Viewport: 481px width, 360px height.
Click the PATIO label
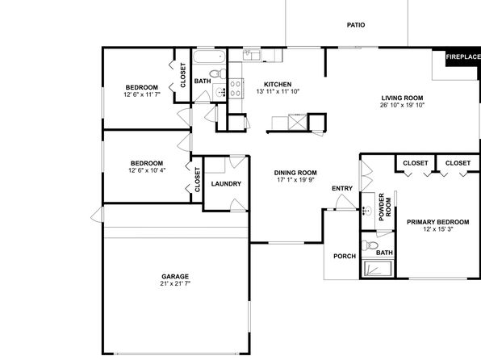click(x=356, y=25)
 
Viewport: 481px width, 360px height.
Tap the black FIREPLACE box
click(x=463, y=57)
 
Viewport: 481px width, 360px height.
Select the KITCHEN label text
click(x=278, y=85)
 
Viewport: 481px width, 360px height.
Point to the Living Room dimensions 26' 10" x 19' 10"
click(x=402, y=105)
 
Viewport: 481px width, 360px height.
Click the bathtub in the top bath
click(x=210, y=57)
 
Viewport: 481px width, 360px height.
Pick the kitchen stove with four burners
click(x=236, y=89)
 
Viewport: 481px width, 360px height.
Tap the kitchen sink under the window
click(x=252, y=55)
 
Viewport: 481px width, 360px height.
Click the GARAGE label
click(x=175, y=276)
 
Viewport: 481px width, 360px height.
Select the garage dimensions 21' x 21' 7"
click(x=175, y=283)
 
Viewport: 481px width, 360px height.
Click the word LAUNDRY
click(x=226, y=184)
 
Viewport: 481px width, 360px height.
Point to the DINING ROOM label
click(x=295, y=173)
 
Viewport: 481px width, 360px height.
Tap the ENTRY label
click(x=342, y=188)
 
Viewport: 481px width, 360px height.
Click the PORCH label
click(x=345, y=256)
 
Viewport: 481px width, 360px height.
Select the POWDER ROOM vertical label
click(x=385, y=207)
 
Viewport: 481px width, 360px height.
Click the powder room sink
click(x=367, y=211)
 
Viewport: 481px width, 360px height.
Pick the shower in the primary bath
click(x=378, y=269)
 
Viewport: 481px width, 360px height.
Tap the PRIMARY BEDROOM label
click(x=437, y=222)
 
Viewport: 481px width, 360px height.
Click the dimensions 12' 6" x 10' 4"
click(x=147, y=170)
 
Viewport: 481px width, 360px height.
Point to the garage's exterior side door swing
click(x=97, y=215)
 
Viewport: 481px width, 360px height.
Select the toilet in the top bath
click(x=217, y=73)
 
